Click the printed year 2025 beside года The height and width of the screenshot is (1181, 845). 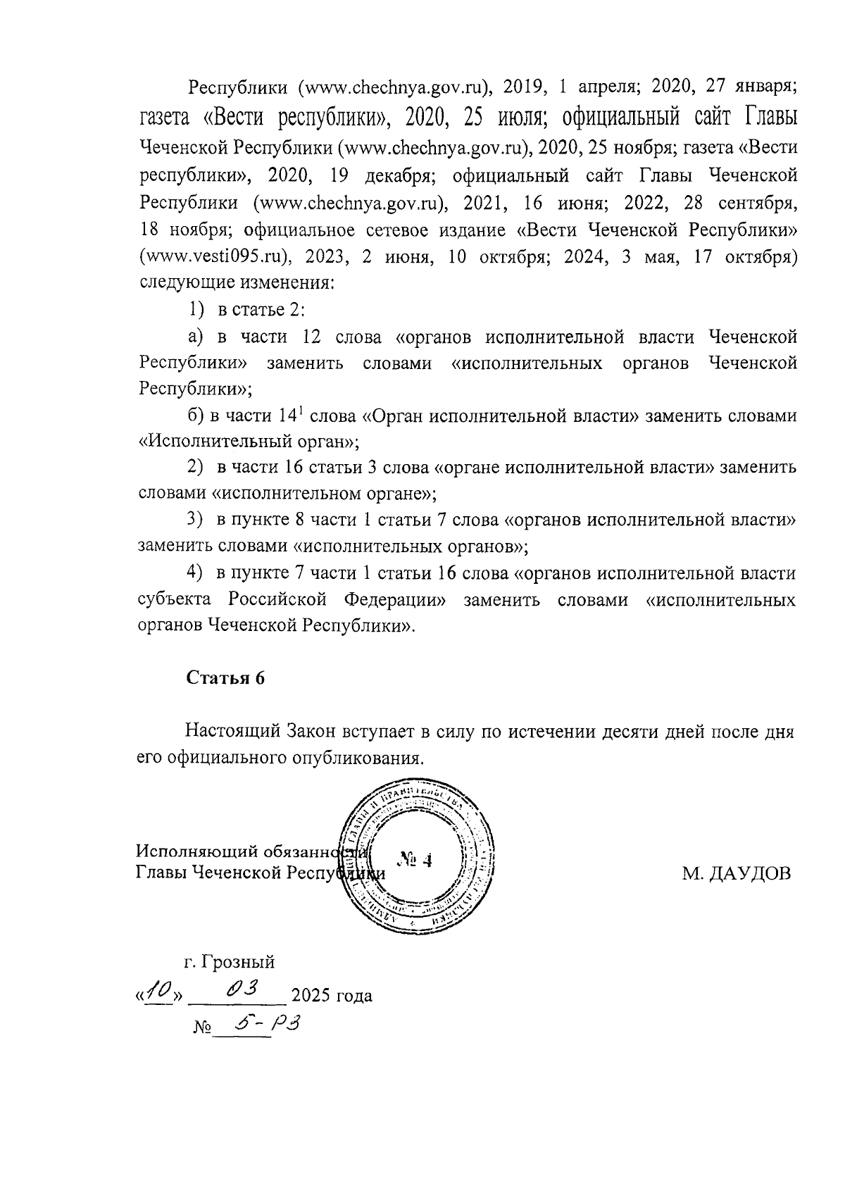point(311,996)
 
